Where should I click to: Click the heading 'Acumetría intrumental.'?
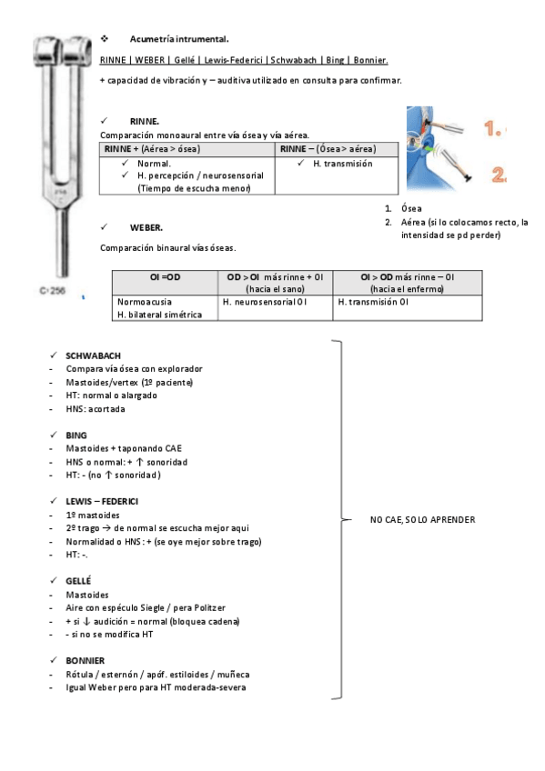[x=179, y=39]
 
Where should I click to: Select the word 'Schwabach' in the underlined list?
[x=294, y=60]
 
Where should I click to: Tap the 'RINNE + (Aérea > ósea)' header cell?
[x=187, y=149]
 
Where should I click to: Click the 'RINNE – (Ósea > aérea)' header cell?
[x=337, y=149]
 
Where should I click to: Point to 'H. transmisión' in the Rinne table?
[x=343, y=164]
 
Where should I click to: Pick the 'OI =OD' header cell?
[x=166, y=277]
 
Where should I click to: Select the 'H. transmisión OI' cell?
[x=373, y=302]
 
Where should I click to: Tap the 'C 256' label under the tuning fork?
[x=52, y=291]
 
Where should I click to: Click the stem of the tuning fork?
[x=63, y=241]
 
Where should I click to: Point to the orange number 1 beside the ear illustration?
[x=493, y=129]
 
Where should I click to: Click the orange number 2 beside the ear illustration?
[x=499, y=175]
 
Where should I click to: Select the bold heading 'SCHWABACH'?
[x=93, y=356]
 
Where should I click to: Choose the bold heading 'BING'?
[x=76, y=436]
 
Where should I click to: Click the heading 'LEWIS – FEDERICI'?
[x=102, y=502]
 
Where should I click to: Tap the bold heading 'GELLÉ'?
[x=78, y=581]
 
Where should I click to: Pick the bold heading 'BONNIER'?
[x=86, y=661]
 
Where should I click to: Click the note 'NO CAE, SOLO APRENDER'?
[x=423, y=520]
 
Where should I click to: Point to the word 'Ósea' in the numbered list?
[x=411, y=208]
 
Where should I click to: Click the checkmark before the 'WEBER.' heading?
[x=104, y=226]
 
